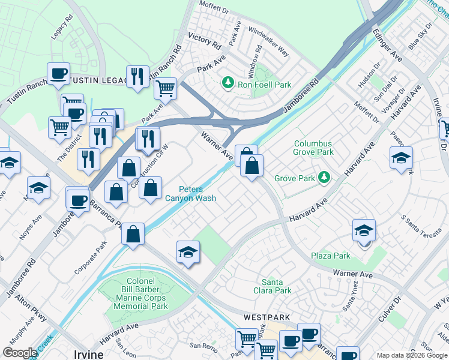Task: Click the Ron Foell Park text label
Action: point(265,85)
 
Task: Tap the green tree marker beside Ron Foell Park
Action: point(228,82)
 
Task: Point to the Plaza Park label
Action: point(331,256)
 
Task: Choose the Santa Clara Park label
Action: point(276,286)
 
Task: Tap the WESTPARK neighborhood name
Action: point(267,317)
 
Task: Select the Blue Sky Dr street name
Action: point(420,36)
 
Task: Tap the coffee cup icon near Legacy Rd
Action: point(58,74)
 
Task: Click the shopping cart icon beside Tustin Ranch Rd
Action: point(165,89)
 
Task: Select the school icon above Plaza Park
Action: point(364,230)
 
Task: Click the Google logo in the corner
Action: point(19,352)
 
